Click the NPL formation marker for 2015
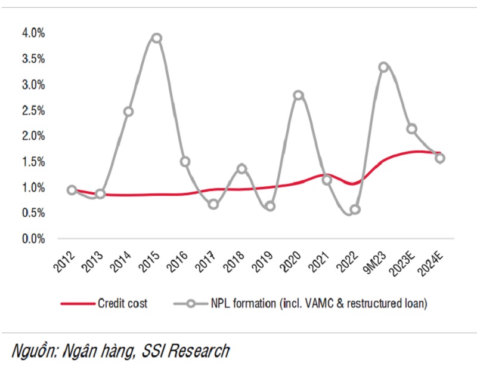pyautogui.click(x=156, y=38)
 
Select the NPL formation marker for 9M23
pyautogui.click(x=383, y=67)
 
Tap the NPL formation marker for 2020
pyautogui.click(x=299, y=96)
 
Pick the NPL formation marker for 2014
pyautogui.click(x=128, y=112)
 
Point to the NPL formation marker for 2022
pyautogui.click(x=355, y=210)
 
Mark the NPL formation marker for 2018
pyautogui.click(x=241, y=169)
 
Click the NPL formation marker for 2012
pyautogui.click(x=72, y=190)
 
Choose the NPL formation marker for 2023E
pyautogui.click(x=411, y=129)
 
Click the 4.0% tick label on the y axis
pyautogui.click(x=33, y=33)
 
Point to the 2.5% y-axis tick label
pyautogui.click(x=33, y=110)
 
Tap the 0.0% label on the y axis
pyautogui.click(x=33, y=239)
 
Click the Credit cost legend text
pyautogui.click(x=122, y=303)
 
